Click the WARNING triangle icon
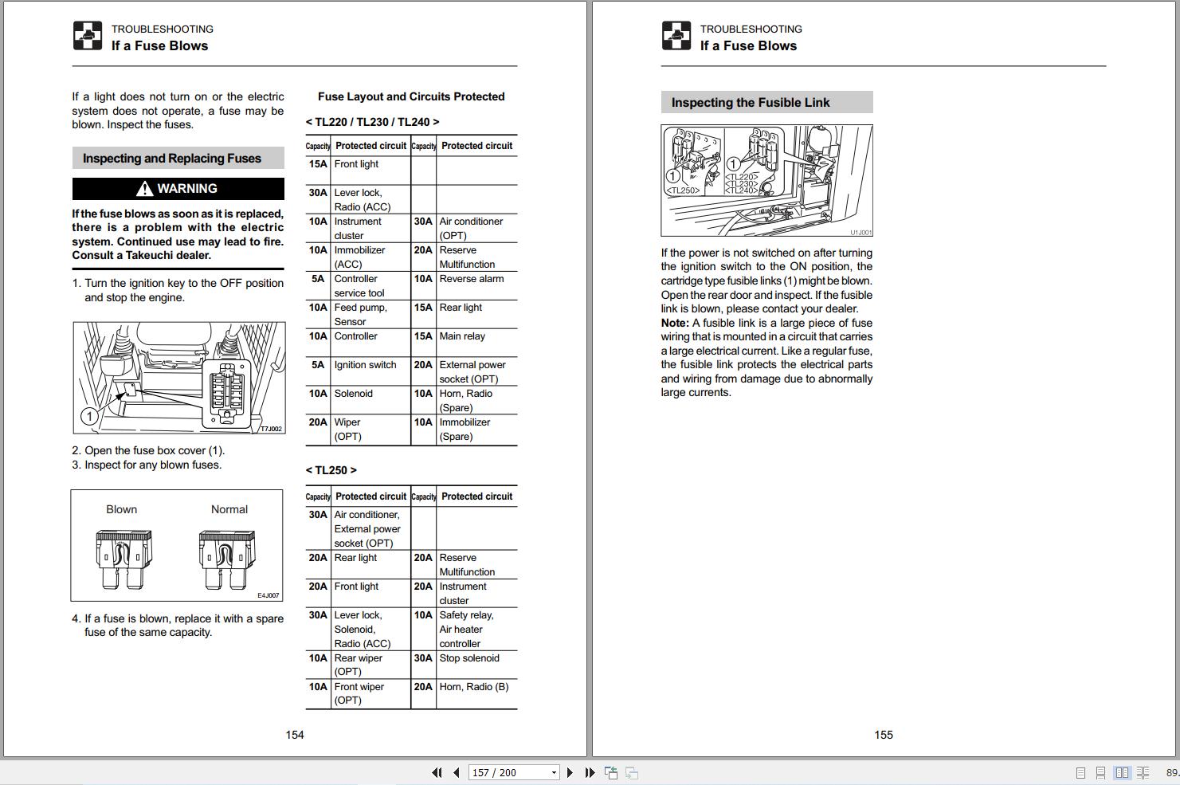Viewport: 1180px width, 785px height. tap(144, 189)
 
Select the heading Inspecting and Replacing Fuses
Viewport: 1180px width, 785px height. tap(172, 158)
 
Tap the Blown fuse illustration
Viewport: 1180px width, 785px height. tap(123, 559)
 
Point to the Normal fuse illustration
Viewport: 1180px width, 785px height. tap(227, 559)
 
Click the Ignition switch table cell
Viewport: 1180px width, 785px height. tap(365, 365)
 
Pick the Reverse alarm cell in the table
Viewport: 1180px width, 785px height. tap(472, 279)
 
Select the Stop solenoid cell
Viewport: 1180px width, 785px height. tap(469, 658)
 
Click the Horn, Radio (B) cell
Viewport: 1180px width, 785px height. tap(473, 687)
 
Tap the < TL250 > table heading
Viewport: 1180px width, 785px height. tap(331, 470)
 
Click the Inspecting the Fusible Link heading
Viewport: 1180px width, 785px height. tap(751, 103)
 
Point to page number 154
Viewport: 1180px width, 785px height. tap(295, 735)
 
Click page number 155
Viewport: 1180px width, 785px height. tap(884, 735)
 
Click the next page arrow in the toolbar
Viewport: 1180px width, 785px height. tap(570, 772)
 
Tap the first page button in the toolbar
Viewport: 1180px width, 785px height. tap(437, 772)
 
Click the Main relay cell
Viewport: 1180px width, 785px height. tap(462, 336)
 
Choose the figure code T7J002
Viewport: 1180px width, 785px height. tap(271, 429)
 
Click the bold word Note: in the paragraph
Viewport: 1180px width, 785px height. tap(675, 323)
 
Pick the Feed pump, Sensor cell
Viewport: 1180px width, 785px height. tap(360, 314)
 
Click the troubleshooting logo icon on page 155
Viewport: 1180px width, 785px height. tap(676, 36)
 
